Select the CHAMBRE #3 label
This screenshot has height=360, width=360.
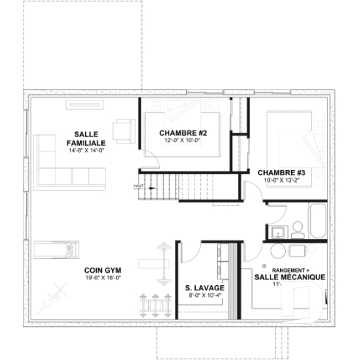(x=281, y=172)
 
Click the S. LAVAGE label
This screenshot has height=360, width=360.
(x=205, y=287)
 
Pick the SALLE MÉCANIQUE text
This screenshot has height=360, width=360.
(x=290, y=277)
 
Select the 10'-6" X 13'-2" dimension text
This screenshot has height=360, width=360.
(x=281, y=180)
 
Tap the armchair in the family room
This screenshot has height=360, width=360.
(x=122, y=130)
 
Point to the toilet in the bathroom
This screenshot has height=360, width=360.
(x=298, y=226)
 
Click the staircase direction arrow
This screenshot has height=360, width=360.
(x=150, y=187)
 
